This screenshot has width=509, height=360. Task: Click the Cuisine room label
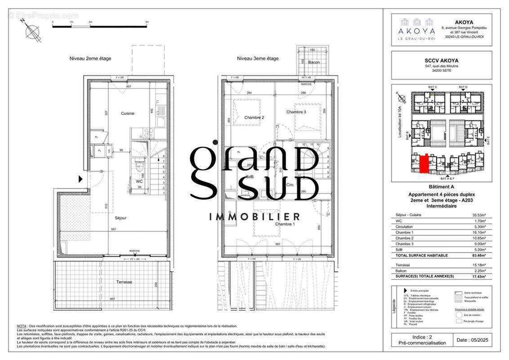(127, 113)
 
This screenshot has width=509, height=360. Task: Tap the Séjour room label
(121, 218)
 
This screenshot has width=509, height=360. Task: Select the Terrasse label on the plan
(124, 282)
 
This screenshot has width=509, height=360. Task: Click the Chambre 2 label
(254, 117)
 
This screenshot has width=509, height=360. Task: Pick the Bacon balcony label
(313, 62)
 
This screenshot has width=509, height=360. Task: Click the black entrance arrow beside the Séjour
(80, 179)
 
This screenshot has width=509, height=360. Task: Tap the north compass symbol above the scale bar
(32, 31)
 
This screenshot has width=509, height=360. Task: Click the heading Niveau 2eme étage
(90, 58)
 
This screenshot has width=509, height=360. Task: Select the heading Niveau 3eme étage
(258, 58)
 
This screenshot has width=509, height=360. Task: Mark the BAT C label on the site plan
(433, 87)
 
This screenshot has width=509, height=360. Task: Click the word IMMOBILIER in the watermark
(254, 217)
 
